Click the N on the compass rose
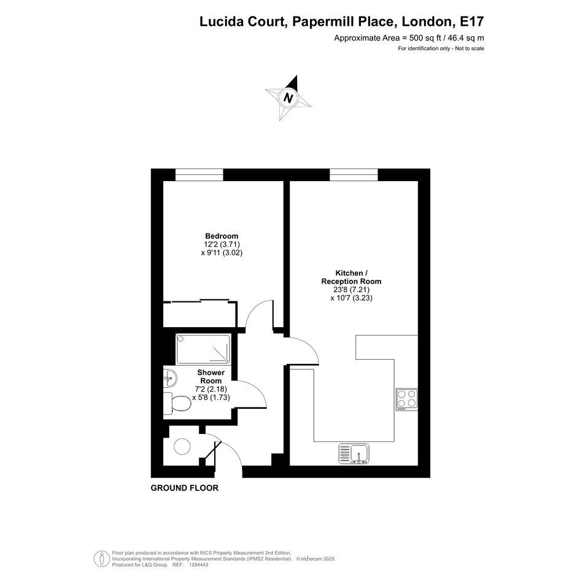click(x=288, y=98)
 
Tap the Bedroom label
click(x=222, y=236)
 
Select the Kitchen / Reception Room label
click(x=352, y=277)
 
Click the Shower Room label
click(x=211, y=377)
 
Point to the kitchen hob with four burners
click(x=407, y=399)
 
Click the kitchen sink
click(x=354, y=454)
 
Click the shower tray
click(x=203, y=349)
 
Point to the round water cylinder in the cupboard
click(x=182, y=446)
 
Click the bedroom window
click(x=199, y=174)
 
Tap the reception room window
click(x=354, y=174)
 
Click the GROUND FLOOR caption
click(x=185, y=488)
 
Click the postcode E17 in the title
click(x=471, y=21)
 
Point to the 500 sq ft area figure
click(x=425, y=37)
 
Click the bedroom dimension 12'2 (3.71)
click(x=222, y=244)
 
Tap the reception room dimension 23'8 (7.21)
click(x=352, y=290)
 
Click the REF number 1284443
click(x=199, y=565)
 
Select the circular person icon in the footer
click(x=101, y=559)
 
